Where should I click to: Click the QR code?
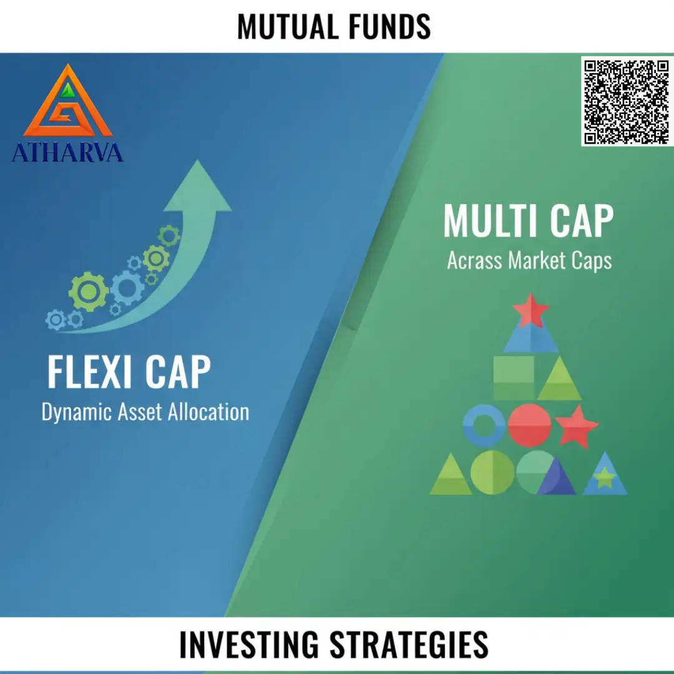627,102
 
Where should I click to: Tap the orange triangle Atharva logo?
68,100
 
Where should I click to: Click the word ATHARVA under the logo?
67,153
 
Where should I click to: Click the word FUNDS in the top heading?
389,27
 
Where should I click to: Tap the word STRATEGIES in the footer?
409,644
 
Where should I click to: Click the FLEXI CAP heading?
129,372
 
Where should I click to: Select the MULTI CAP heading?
529,221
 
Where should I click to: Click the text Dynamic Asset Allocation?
145,413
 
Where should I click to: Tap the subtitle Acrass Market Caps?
529,260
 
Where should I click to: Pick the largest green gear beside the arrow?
88,291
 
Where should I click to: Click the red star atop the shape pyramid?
531,310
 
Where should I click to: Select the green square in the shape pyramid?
514,378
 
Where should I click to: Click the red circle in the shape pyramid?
529,425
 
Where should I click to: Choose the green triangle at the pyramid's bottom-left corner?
451,474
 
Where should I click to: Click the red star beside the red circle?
577,426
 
